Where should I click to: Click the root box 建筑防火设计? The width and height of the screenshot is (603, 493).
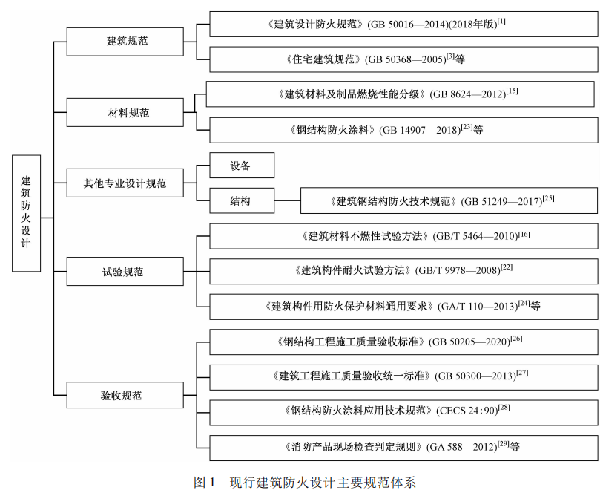pos(26,212)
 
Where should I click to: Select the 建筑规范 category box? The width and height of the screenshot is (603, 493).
pos(125,41)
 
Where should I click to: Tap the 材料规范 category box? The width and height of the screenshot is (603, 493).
pos(125,113)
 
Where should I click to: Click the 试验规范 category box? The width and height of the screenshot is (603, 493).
pos(125,271)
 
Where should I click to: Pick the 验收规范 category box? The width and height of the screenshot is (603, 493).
pos(125,394)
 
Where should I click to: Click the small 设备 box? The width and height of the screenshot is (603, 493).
pos(242,166)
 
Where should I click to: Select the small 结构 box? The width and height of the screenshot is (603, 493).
pos(242,200)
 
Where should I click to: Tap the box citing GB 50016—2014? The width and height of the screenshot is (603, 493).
pos(403,24)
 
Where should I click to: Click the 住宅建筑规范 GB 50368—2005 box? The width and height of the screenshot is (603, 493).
pos(403,59)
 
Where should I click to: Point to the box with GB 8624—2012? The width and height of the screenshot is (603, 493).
pos(401,94)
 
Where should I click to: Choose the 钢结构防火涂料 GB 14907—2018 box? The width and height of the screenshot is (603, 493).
pos(403,129)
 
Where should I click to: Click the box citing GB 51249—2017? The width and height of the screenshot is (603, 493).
pos(448,200)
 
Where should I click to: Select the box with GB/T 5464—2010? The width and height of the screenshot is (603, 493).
pos(403,236)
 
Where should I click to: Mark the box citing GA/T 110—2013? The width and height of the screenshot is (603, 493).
pos(403,306)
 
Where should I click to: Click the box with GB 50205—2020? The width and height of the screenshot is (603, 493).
pos(403,342)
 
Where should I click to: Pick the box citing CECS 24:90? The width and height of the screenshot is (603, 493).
pos(403,411)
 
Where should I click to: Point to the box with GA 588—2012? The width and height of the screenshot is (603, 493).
pos(403,447)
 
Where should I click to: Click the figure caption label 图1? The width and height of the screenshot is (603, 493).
pos(203,482)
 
